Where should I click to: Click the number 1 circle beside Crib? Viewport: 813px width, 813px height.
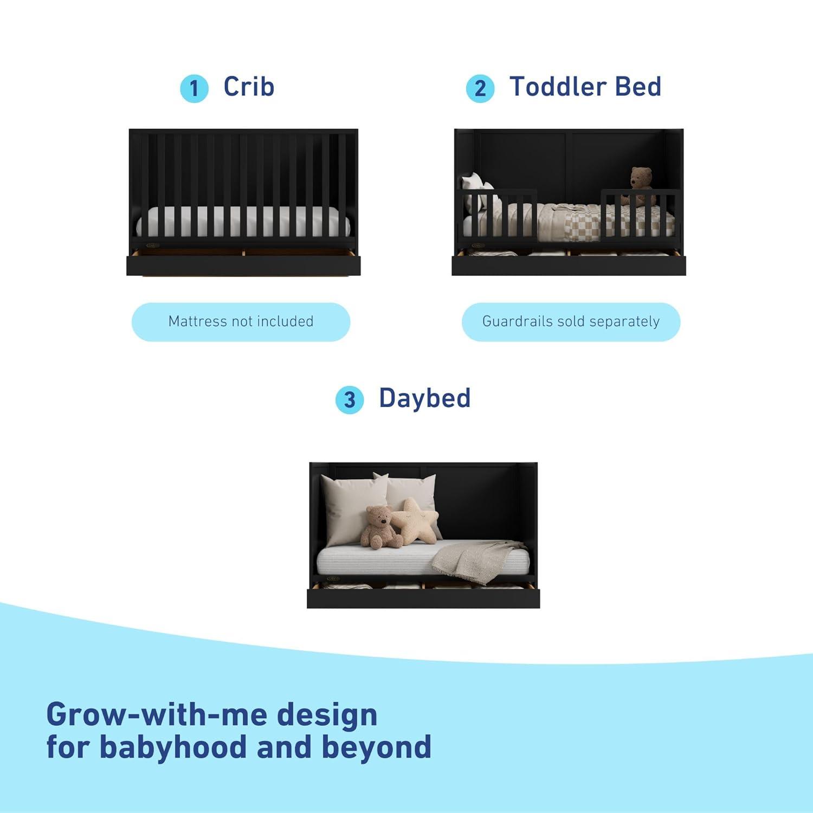point(194,88)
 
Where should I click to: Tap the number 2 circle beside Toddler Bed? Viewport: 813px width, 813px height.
point(480,88)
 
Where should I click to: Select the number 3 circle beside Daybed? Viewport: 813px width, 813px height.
point(350,399)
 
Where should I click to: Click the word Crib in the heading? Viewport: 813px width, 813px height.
point(249,87)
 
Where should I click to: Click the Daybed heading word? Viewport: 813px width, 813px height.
point(424,398)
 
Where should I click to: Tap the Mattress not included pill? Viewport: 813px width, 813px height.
point(241,321)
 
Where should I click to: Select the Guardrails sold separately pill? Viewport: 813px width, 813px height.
point(571,321)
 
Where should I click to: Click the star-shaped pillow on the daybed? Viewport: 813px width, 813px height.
point(415,520)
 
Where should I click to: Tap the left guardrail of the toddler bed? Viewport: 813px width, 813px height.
point(499,214)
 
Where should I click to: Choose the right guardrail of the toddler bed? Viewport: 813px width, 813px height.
point(638,214)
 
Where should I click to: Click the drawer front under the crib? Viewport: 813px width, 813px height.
point(243,266)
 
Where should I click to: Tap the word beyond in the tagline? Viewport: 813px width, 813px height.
point(376,747)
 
